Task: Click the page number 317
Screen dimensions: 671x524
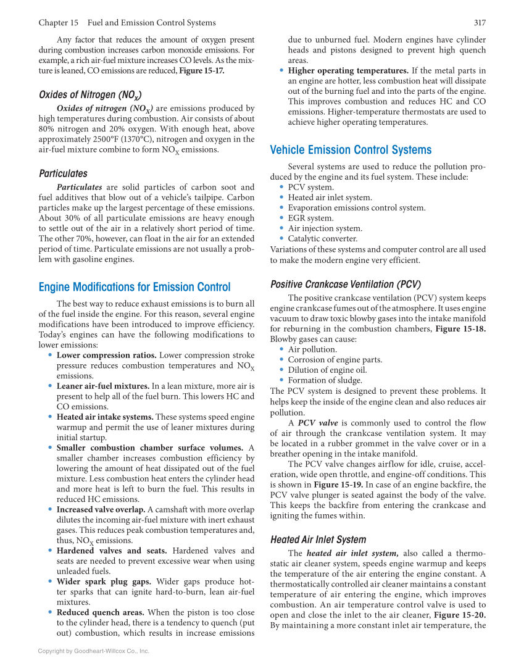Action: tap(479, 23)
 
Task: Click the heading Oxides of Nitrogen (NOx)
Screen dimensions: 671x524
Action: tap(90, 95)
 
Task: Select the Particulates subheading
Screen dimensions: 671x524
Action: tap(63, 173)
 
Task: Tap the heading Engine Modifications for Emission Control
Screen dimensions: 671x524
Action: tap(135, 287)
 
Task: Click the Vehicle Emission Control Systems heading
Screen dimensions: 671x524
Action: tap(351, 150)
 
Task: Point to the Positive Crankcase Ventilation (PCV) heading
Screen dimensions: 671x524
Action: tap(346, 285)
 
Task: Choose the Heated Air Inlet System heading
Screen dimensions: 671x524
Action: tap(318, 540)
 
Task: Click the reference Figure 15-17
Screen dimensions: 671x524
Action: tap(201, 71)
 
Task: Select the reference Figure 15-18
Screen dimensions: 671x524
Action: tap(460, 329)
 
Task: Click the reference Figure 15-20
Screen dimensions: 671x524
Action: tap(460, 615)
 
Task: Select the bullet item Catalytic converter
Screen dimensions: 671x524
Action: tap(322, 239)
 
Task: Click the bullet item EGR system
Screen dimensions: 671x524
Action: tap(310, 218)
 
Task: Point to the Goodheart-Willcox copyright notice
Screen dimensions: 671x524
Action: tap(94, 651)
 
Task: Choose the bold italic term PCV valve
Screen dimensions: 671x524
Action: tap(318, 423)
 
